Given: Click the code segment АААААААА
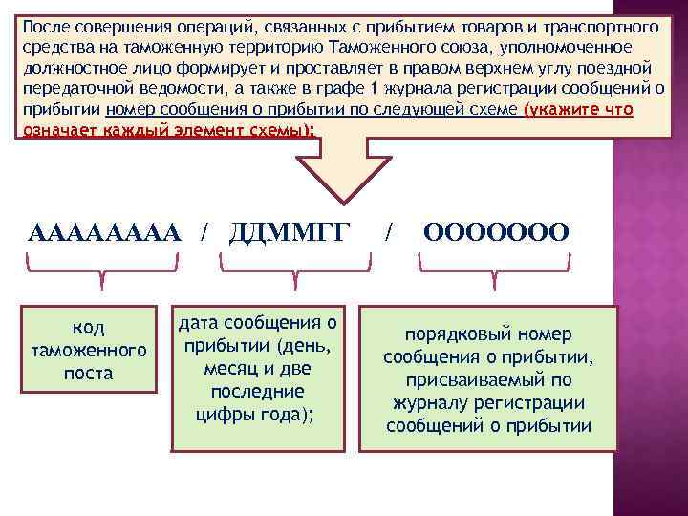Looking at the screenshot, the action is (104, 232).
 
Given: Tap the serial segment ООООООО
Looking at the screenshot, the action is (496, 232).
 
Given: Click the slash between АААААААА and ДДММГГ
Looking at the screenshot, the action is (204, 232).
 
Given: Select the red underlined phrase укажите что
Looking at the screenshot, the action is (580, 109).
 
